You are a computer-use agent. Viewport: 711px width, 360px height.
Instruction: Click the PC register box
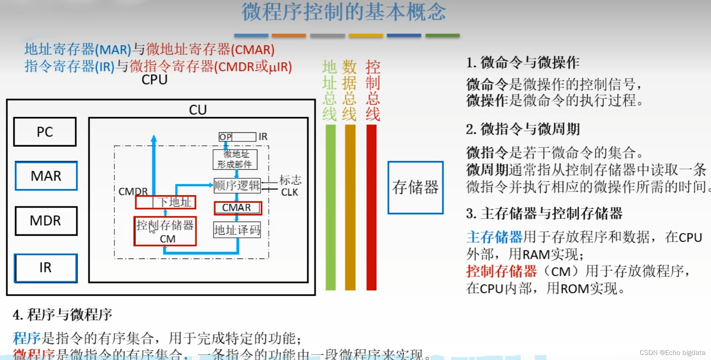click(45, 132)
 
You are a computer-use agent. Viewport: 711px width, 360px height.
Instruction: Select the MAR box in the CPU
click(46, 176)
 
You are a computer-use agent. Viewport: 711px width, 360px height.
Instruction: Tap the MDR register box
click(46, 221)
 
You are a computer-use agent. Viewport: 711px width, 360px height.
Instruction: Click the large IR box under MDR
click(46, 268)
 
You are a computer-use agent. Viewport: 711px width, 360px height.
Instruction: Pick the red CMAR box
click(238, 208)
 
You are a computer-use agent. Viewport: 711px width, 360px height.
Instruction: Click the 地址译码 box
click(237, 230)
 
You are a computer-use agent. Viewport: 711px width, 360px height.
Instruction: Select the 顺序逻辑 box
click(237, 185)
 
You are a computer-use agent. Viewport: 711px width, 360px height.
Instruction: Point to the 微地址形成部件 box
click(235, 159)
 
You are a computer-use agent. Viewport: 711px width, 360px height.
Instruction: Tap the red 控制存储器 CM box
click(165, 232)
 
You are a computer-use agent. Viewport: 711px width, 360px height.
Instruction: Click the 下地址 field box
click(174, 202)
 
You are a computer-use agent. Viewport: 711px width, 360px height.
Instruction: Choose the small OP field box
click(225, 137)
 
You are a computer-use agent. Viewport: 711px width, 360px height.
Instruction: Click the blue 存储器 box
click(415, 188)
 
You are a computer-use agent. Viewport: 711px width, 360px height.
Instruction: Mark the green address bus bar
click(330, 207)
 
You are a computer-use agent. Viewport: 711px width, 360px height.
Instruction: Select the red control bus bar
click(371, 207)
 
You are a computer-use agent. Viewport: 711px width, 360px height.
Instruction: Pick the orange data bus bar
click(350, 207)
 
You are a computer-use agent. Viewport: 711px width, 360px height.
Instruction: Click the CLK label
click(289, 192)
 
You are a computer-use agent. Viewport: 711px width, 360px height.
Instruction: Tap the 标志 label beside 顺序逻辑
click(290, 180)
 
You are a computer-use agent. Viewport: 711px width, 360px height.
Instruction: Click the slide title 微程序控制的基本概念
click(344, 12)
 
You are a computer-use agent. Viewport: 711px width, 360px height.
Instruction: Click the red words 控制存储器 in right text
click(501, 271)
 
